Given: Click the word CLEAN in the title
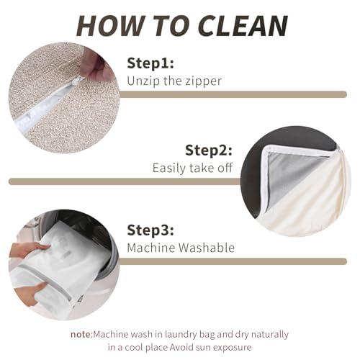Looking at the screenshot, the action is coord(243,26).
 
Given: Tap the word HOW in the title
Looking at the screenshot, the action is coord(110,26).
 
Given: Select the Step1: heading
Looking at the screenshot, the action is coord(150,63).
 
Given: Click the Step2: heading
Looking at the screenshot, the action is coord(209,150).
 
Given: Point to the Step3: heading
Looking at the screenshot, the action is coord(150,230).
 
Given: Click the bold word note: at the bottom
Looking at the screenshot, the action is coord(81,334).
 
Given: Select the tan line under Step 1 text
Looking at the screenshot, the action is coord(233,94).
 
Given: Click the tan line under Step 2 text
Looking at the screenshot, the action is coord(125,181).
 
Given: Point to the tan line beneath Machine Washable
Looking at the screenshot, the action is coord(233,261).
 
